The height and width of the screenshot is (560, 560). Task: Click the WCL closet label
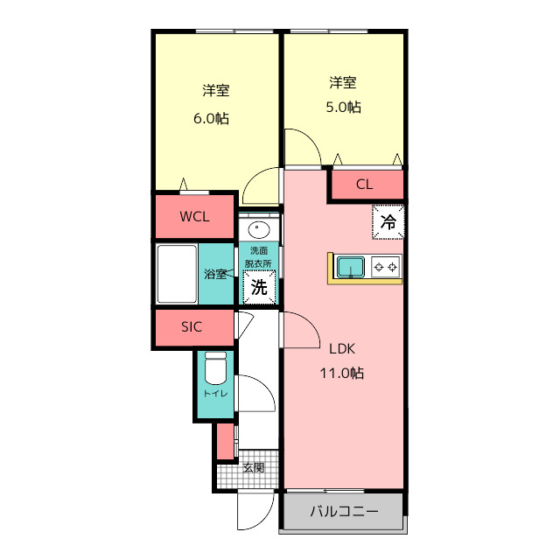[x=194, y=217]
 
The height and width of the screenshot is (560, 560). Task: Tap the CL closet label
[x=365, y=185]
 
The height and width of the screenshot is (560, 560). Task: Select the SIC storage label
[x=192, y=327]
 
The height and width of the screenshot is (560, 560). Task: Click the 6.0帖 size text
[x=211, y=118]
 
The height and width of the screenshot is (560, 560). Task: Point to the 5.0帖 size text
[x=342, y=108]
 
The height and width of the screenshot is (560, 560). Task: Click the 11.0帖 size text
[x=342, y=373]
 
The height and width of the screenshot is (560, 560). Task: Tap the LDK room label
[x=342, y=348]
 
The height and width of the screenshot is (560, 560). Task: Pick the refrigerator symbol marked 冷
[x=388, y=221]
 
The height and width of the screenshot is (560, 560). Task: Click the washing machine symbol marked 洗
[x=259, y=285]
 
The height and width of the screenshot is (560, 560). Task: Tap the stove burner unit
[x=386, y=266]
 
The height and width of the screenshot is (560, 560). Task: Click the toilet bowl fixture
[x=215, y=370]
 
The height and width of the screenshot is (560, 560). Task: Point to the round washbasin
[x=259, y=231]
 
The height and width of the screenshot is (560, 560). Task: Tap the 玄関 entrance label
[x=254, y=466]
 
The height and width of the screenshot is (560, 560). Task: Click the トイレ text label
[x=215, y=394]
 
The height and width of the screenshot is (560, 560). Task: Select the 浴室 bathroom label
[x=216, y=274]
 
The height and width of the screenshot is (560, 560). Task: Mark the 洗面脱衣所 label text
[x=258, y=257]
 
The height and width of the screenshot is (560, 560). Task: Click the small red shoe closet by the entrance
[x=225, y=440]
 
